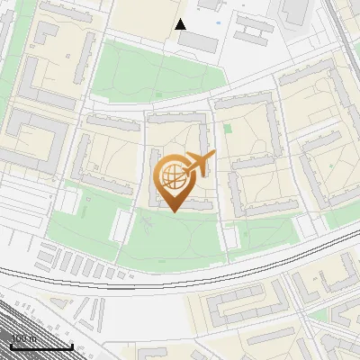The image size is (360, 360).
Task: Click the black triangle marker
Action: [x=181, y=24]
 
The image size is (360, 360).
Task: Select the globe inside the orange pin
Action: [x=172, y=175]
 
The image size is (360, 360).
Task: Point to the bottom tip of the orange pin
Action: [x=173, y=211]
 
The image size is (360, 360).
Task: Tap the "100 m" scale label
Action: [x=24, y=339]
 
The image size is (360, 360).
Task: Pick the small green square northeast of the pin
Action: [x=228, y=129]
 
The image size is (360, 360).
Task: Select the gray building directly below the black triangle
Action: [x=196, y=42]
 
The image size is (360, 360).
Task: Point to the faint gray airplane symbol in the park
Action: [x=145, y=219]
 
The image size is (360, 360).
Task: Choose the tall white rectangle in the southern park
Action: [x=230, y=237]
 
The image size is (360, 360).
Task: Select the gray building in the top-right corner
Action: [x=294, y=11]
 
